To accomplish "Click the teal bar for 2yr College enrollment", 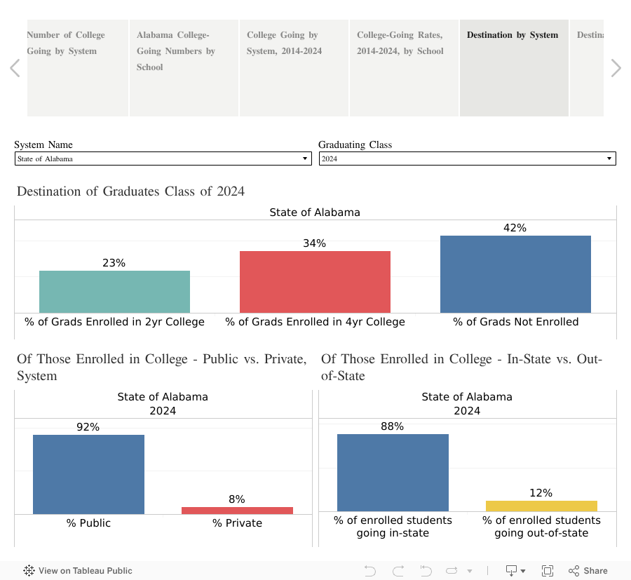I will (x=114, y=291).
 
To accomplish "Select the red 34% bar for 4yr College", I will (x=315, y=281).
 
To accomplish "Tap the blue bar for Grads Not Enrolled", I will (x=515, y=274).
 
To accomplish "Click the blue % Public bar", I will (x=88, y=474).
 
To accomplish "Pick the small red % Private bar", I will (x=237, y=511).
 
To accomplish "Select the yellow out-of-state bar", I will (x=541, y=506).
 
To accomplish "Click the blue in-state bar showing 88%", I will (x=393, y=472).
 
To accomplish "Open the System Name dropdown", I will (x=163, y=159).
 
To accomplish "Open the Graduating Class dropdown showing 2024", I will (x=467, y=159).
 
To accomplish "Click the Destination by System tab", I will (x=514, y=68).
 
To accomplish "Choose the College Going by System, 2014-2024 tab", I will (x=294, y=68).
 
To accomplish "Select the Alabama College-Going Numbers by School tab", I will (x=184, y=68).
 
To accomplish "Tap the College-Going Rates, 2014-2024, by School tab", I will (x=404, y=68).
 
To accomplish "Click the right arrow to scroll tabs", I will (x=616, y=68).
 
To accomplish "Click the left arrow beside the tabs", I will (x=15, y=68).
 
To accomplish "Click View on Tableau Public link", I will (x=78, y=571).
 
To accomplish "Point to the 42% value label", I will (x=515, y=228).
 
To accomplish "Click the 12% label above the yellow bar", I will (x=541, y=493).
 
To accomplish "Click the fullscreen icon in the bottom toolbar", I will (x=548, y=571).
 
